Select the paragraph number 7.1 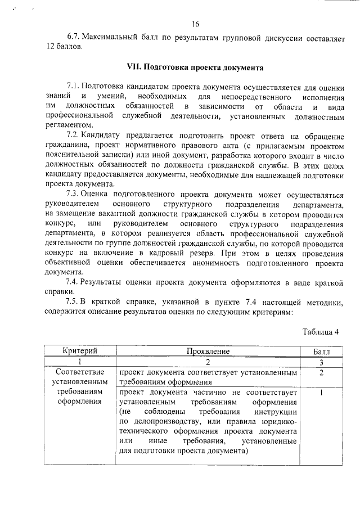click(73, 87)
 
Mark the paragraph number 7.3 click(73, 193)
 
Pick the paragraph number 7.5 click(73, 303)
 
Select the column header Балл click(321, 351)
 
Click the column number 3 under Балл click(321, 362)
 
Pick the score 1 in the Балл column click(321, 392)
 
